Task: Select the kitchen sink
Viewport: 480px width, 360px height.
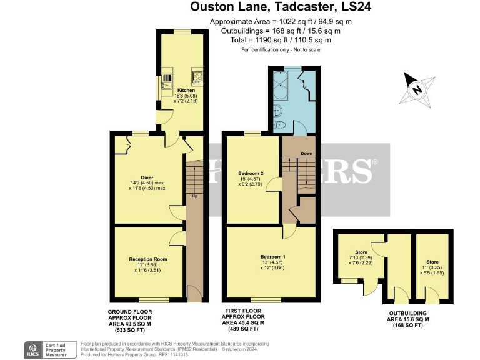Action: (167, 80)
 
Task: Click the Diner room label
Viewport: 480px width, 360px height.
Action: (147, 177)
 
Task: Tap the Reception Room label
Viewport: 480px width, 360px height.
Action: (148, 259)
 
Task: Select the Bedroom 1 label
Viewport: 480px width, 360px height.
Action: (271, 256)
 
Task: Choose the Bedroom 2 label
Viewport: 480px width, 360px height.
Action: (251, 173)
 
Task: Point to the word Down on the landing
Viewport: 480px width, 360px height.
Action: (306, 153)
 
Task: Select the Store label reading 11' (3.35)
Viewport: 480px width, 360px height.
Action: (432, 262)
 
